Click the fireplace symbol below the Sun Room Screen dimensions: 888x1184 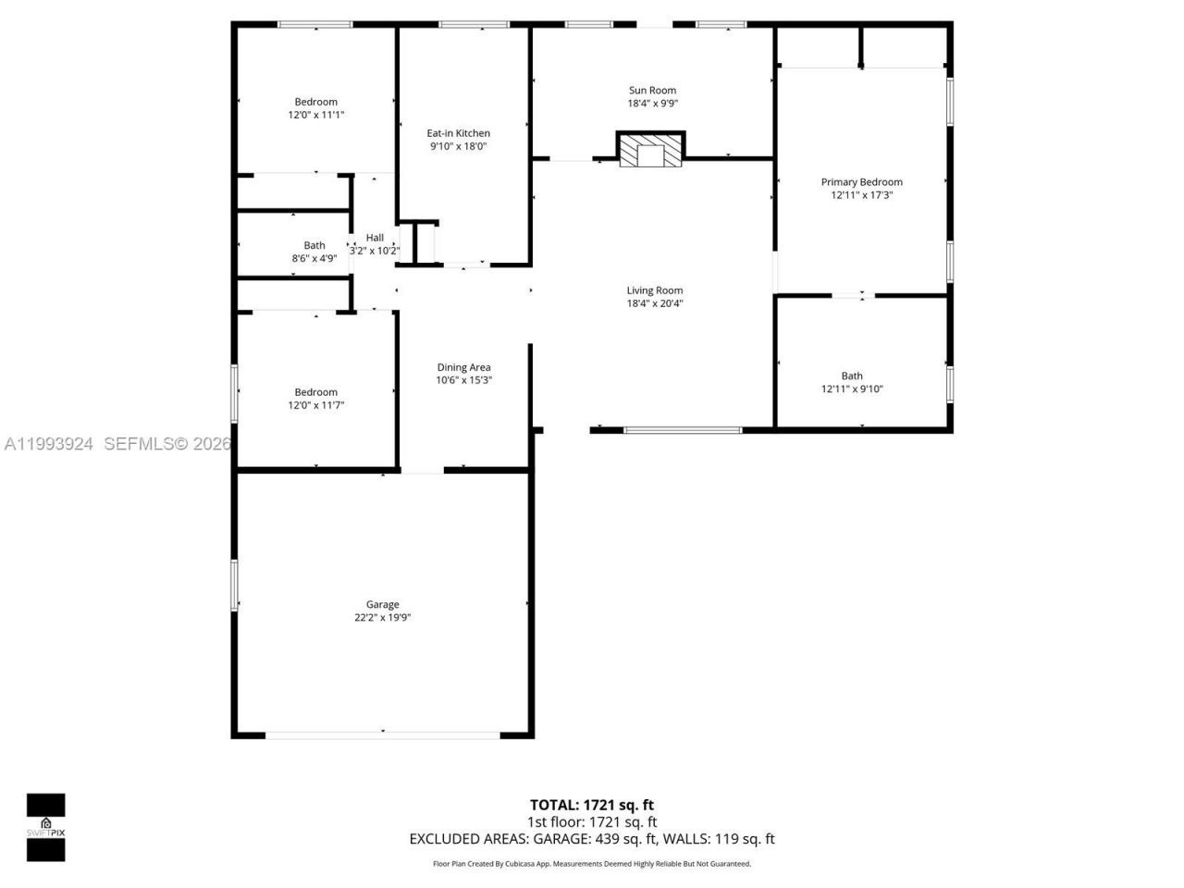pos(651,151)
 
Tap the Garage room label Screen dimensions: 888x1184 pos(382,604)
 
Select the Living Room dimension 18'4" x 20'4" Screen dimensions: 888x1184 pos(654,303)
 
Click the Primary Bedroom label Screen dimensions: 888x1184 pos(861,182)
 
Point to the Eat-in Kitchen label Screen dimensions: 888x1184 pos(458,133)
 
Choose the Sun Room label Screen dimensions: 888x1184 pos(652,91)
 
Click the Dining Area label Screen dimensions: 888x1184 pos(463,367)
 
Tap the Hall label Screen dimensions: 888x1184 pos(375,238)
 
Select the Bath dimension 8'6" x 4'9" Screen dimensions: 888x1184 pos(314,259)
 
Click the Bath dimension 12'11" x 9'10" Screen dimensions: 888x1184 pos(852,389)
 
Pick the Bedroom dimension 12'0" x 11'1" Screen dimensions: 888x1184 pos(316,115)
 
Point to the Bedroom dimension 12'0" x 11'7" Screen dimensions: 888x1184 pos(316,405)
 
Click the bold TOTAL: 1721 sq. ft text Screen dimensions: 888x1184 pos(591,805)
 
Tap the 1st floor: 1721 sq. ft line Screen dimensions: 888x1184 pos(592,821)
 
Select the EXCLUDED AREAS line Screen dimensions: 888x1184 pos(592,839)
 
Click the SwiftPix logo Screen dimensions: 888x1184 pos(45,827)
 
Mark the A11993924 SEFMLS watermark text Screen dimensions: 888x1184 pos(116,444)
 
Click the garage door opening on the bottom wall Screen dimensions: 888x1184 pos(383,735)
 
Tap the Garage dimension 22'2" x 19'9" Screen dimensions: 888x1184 pos(382,618)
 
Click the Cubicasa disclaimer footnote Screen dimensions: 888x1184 pos(592,864)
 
